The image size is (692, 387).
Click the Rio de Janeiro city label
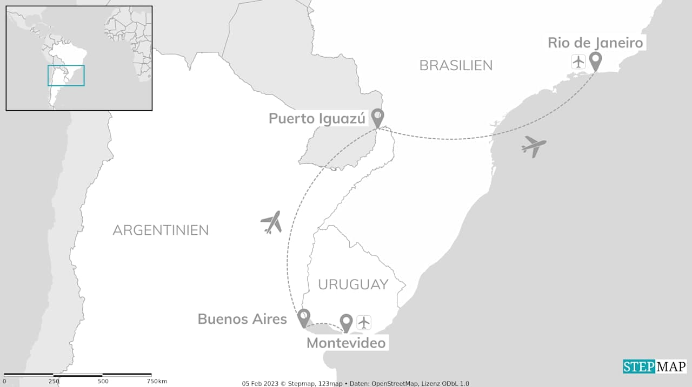(595, 43)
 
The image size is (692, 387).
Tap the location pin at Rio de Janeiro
(595, 61)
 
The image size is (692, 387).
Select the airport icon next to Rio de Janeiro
(578, 62)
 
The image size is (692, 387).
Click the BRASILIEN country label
(456, 65)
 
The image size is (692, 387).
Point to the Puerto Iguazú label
(317, 119)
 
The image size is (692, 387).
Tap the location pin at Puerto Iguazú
(377, 117)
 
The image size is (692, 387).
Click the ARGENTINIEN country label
(161, 230)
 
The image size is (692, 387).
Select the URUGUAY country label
(353, 284)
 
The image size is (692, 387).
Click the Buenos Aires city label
(242, 319)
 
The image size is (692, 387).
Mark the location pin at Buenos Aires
(304, 317)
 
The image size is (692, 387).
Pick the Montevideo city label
(346, 343)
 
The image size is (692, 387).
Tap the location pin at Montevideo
(346, 323)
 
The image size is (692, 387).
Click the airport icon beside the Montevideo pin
(364, 323)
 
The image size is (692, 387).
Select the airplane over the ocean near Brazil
(534, 146)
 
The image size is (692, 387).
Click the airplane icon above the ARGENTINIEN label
(271, 222)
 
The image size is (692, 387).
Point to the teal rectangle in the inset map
(66, 76)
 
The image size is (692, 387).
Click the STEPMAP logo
(654, 366)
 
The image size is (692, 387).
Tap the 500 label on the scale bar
(103, 382)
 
